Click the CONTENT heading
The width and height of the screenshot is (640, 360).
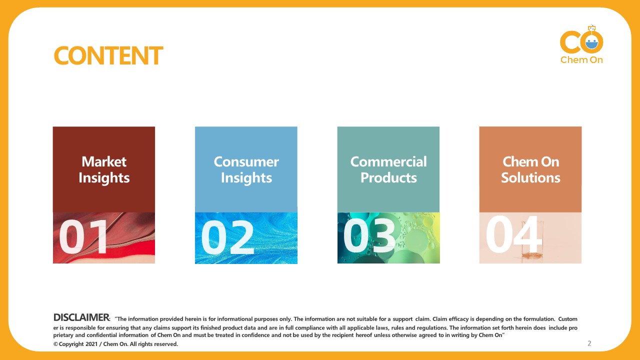[x=108, y=55]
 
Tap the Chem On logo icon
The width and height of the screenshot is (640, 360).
[x=581, y=41]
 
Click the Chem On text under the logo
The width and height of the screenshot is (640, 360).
[x=581, y=60]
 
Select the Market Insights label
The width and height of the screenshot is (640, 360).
[x=104, y=169]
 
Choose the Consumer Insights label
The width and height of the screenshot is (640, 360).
[x=246, y=169]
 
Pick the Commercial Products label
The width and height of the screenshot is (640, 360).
[x=388, y=169]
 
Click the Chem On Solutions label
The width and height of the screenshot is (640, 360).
[x=530, y=169]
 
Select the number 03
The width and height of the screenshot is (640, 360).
[x=369, y=236]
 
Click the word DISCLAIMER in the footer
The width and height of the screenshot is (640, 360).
[x=81, y=317]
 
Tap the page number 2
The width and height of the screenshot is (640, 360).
[x=589, y=343]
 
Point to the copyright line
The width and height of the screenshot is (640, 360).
[x=115, y=344]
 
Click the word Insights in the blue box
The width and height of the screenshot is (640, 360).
[x=246, y=178]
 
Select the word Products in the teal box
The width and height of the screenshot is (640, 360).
[x=388, y=178]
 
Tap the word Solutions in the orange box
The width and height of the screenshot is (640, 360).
[x=530, y=178]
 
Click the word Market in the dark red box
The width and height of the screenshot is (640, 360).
[x=104, y=161]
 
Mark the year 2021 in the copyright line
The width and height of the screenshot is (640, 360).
[x=91, y=344]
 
